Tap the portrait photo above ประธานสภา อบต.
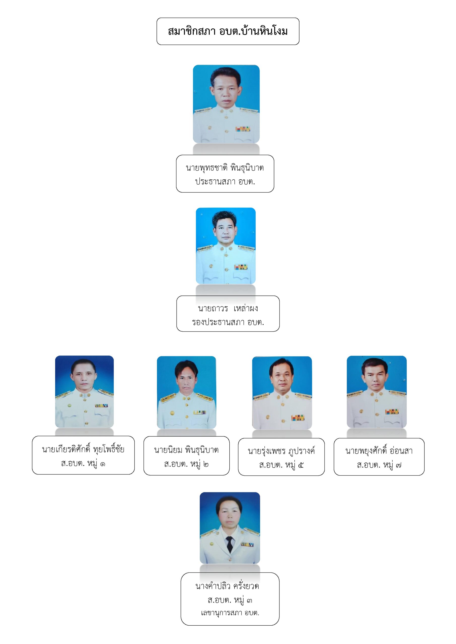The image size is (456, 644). [226, 104]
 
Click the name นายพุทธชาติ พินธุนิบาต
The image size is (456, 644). [225, 168]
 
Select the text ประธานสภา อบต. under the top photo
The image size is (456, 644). [225, 181]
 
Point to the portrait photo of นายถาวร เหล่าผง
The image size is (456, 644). [226, 246]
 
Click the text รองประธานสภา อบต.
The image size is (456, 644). [228, 322]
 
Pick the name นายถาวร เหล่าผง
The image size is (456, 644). [228, 308]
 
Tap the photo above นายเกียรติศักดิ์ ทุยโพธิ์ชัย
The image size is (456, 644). [84, 392]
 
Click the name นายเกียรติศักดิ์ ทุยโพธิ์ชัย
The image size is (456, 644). [83, 449]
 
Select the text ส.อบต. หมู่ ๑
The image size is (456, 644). [83, 463]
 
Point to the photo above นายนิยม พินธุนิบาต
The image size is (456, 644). [186, 392]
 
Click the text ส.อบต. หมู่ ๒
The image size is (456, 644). [186, 464]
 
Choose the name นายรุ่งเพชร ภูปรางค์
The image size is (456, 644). [281, 451]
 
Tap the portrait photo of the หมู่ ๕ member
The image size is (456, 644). [282, 393]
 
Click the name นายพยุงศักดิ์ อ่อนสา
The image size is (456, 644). [379, 451]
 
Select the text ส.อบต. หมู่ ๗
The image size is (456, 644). [379, 465]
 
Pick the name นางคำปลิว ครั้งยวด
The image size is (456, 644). [227, 586]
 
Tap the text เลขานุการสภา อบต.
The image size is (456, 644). [230, 613]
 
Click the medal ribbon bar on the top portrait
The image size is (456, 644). [242, 129]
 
